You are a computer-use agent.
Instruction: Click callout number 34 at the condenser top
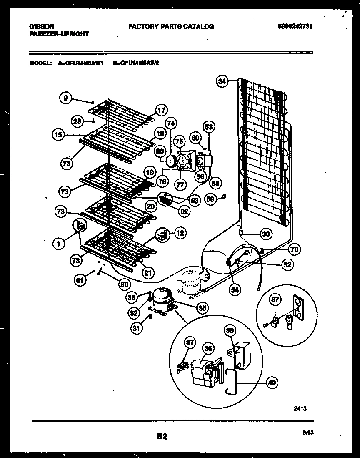222,82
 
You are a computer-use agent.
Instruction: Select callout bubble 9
65,98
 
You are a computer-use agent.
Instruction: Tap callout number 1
59,244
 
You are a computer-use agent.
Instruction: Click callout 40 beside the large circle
272,382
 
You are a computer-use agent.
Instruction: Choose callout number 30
265,234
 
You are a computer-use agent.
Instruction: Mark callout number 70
294,250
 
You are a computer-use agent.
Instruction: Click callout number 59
211,199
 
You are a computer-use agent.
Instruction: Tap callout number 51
80,281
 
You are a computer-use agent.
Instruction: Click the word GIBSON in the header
42,26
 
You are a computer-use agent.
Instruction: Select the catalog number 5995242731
295,26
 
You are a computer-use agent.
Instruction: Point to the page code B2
162,437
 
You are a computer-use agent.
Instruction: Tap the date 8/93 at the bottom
307,433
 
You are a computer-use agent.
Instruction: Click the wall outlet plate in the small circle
299,308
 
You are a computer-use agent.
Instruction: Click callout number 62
183,211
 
